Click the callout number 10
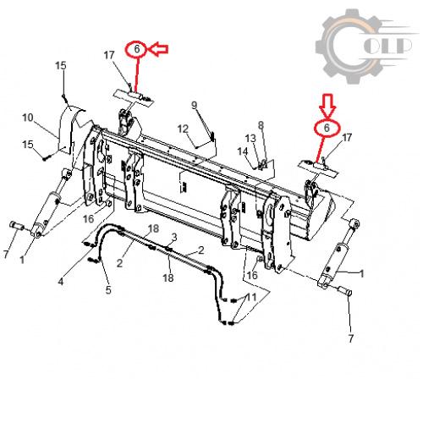click(x=28, y=118)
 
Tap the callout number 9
click(x=195, y=105)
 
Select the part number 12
click(x=183, y=129)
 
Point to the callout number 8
click(x=261, y=125)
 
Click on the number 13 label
click(x=250, y=138)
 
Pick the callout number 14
click(x=243, y=151)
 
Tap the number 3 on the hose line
click(x=174, y=237)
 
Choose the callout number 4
click(x=61, y=281)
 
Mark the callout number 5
click(x=108, y=289)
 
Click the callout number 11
click(x=251, y=297)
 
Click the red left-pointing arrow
click(x=158, y=49)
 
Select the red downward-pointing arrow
click(x=327, y=106)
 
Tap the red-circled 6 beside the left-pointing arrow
click(x=136, y=49)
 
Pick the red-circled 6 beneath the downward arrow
click(x=327, y=129)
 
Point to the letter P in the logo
click(x=401, y=46)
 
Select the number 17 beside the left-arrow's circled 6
click(x=109, y=55)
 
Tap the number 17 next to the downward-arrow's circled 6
click(x=347, y=138)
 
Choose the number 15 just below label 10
click(x=28, y=145)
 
